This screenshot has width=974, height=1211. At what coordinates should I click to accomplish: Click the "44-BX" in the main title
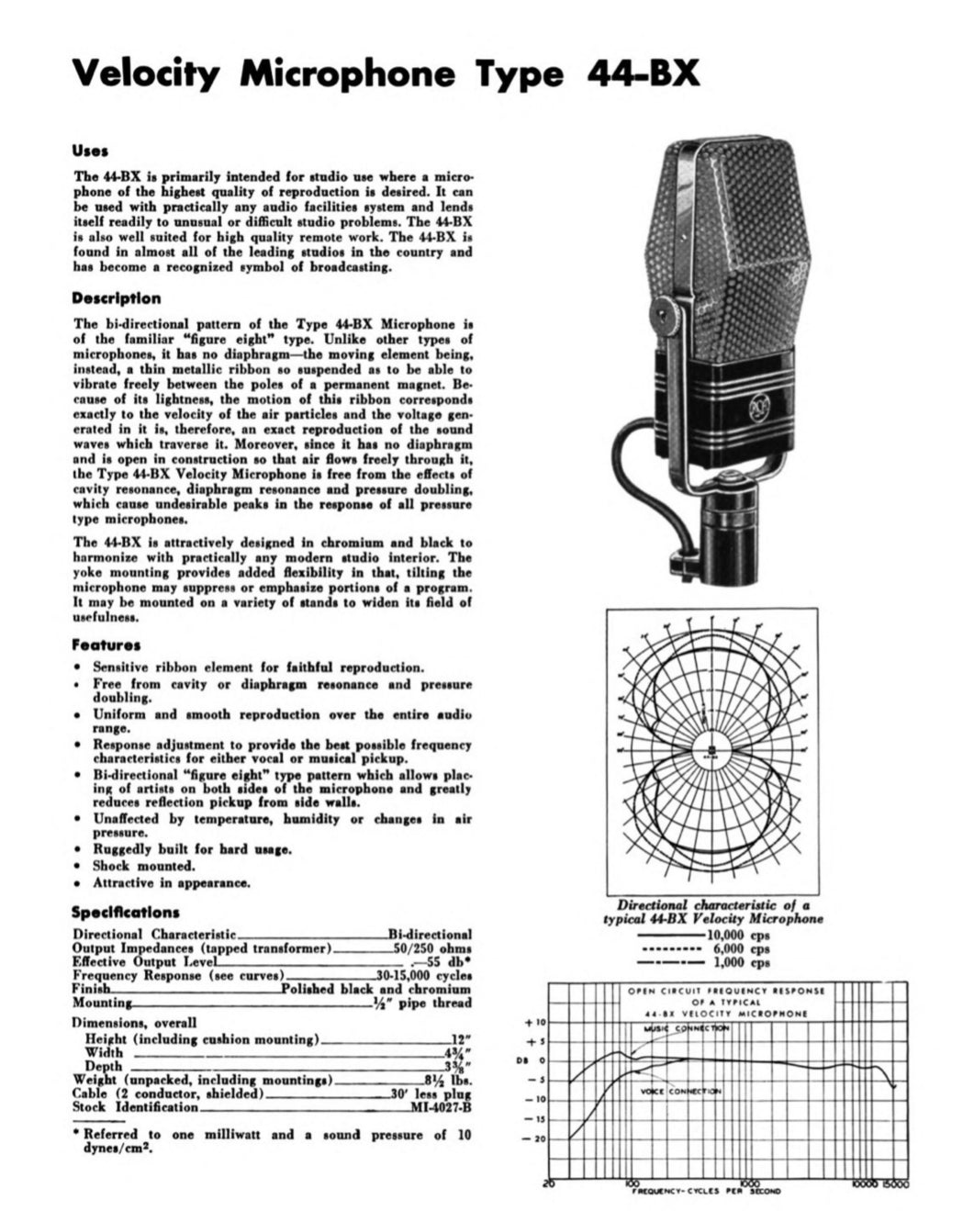(643, 73)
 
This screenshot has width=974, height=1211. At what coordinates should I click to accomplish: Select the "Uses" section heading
(91, 151)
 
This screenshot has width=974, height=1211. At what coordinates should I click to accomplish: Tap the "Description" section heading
(117, 298)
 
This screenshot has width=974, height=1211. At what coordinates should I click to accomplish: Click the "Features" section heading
(106, 645)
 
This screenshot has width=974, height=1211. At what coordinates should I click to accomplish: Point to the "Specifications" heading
(125, 913)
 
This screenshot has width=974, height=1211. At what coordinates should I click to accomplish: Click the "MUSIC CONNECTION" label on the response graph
(689, 1028)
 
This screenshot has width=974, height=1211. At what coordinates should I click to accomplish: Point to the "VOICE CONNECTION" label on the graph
(680, 1091)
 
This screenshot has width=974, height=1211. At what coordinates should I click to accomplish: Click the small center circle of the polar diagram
(711, 743)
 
